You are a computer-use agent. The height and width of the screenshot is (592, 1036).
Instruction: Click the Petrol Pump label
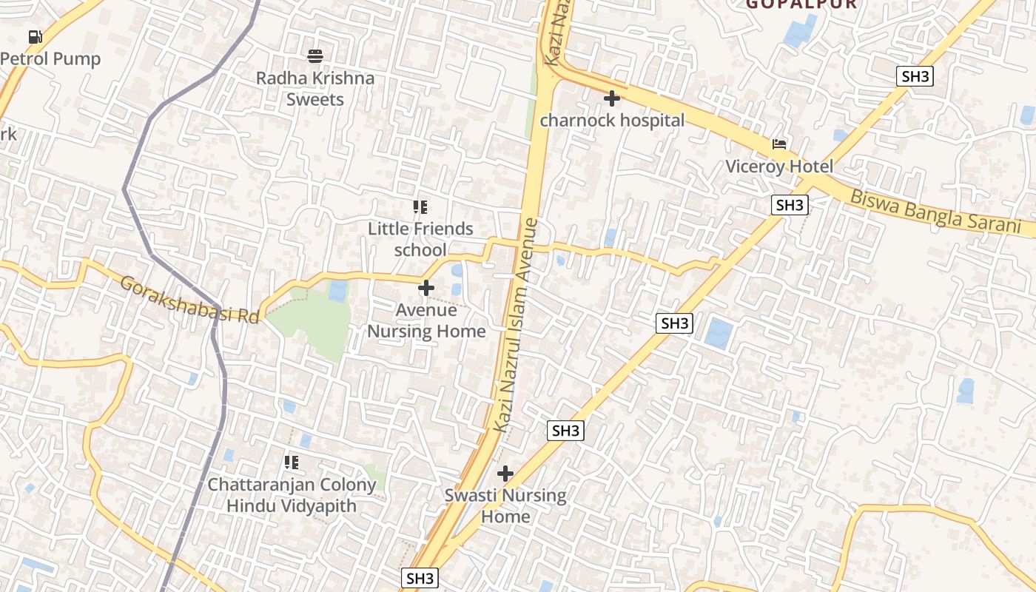pos(50,58)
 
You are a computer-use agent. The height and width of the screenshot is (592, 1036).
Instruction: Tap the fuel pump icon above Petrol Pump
pos(35,36)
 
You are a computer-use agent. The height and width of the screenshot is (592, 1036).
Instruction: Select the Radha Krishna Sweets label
pos(315,88)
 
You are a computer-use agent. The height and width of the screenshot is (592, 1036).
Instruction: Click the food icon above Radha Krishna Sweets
pos(315,55)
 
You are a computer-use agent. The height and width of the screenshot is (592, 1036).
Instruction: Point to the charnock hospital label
pos(612,120)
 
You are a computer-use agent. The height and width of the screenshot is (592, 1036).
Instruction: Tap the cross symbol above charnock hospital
pos(612,98)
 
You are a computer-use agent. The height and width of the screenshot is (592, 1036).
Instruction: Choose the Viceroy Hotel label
pos(779,166)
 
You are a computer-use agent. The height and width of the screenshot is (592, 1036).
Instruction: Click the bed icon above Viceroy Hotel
pos(779,144)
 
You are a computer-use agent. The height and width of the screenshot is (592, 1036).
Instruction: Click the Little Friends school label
pos(420,239)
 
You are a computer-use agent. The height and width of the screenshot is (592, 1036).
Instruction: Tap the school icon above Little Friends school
pos(420,207)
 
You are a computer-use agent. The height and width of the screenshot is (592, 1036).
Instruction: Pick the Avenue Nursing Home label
pos(426,320)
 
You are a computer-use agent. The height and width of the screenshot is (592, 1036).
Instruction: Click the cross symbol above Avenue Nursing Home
pos(426,287)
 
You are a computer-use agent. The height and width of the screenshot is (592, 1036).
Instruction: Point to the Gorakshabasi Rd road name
pos(190,299)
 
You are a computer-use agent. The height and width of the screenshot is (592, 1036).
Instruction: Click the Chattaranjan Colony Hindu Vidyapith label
pos(292,496)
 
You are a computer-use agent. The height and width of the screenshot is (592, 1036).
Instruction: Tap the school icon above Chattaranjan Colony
pos(292,462)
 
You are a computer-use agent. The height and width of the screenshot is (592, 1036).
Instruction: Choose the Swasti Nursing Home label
pos(505,505)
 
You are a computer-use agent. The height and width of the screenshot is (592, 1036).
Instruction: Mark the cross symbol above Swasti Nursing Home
pos(505,473)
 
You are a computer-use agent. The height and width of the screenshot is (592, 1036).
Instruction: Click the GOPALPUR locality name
pos(801,4)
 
